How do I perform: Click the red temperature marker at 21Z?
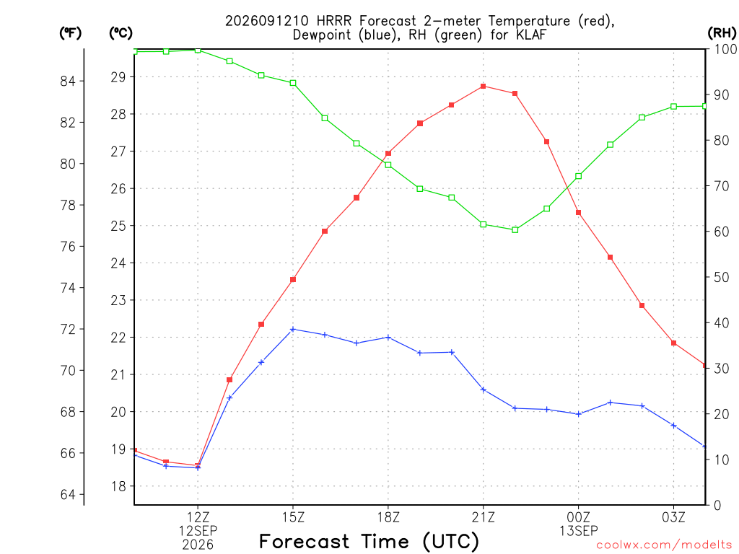[x=483, y=87]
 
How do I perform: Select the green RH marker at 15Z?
[x=293, y=83]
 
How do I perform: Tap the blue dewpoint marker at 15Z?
[x=293, y=329]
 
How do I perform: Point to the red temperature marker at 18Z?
[x=388, y=153]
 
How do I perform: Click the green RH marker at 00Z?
[x=579, y=176]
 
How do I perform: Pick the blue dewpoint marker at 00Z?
[x=579, y=414]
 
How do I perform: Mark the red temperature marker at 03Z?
[x=673, y=343]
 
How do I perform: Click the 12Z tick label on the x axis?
[x=198, y=517]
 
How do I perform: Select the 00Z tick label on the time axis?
[x=578, y=517]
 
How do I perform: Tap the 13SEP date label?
[x=578, y=531]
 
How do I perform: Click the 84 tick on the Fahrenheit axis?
[x=68, y=81]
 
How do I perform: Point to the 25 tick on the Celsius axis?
[x=118, y=226]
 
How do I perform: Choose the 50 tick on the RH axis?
[x=721, y=277]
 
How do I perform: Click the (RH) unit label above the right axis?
[x=721, y=32]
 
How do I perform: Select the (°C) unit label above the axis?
[x=121, y=32]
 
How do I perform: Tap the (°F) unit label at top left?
[x=70, y=32]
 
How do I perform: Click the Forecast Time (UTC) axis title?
[x=369, y=541]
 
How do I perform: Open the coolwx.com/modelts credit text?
[x=664, y=545]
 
